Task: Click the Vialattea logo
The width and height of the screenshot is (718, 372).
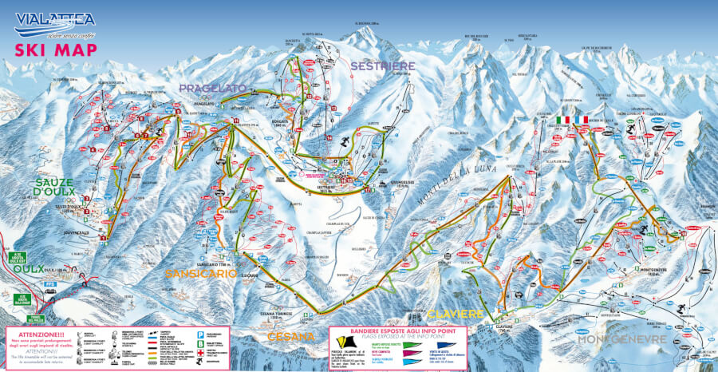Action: tap(53, 22)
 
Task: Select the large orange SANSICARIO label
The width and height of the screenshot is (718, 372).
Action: tap(202, 273)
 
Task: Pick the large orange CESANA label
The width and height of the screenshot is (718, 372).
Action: tap(290, 337)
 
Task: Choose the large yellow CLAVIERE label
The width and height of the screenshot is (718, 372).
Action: tap(455, 313)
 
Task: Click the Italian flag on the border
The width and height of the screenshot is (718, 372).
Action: tap(566, 119)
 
